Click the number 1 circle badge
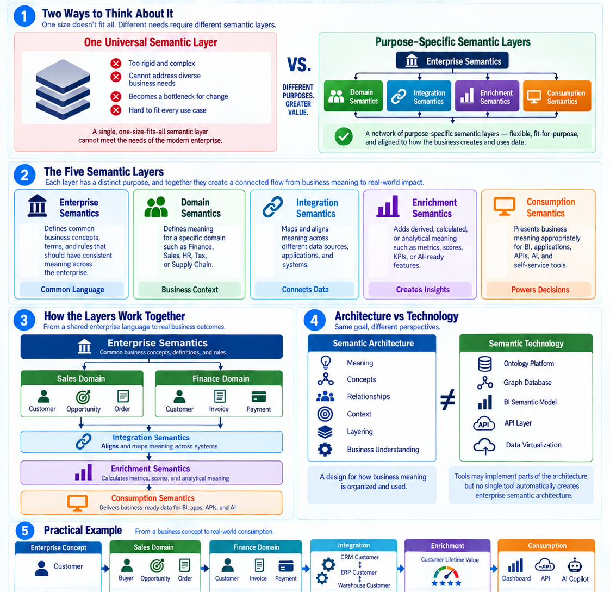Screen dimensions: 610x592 pyautogui.click(x=24, y=16)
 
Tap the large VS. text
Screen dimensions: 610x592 pyautogui.click(x=299, y=65)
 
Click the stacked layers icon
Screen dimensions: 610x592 pyautogui.click(x=63, y=89)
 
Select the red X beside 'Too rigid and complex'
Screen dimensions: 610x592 pyautogui.click(x=116, y=64)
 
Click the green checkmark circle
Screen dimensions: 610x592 pyautogui.click(x=344, y=136)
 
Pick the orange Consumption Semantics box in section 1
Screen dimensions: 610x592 pyautogui.click(x=557, y=96)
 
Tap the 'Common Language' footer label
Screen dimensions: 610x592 pyautogui.click(x=72, y=290)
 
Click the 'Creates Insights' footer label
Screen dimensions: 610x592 pyautogui.click(x=423, y=290)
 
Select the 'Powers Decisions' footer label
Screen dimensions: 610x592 pyautogui.click(x=540, y=290)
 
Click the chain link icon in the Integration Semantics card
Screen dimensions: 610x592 pyautogui.click(x=273, y=207)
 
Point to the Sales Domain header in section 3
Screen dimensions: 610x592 pyautogui.click(x=82, y=378)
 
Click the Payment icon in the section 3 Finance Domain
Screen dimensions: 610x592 pyautogui.click(x=259, y=397)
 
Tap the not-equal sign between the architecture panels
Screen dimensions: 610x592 pyautogui.click(x=448, y=400)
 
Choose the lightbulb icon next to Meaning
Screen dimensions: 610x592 pyautogui.click(x=326, y=362)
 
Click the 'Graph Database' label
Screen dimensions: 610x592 pyautogui.click(x=527, y=383)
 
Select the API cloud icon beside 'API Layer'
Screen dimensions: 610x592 pyautogui.click(x=484, y=423)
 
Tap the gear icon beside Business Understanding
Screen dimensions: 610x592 pyautogui.click(x=325, y=449)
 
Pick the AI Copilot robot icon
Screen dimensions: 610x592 pyautogui.click(x=575, y=565)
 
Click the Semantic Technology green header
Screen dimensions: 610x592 pyautogui.click(x=526, y=344)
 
